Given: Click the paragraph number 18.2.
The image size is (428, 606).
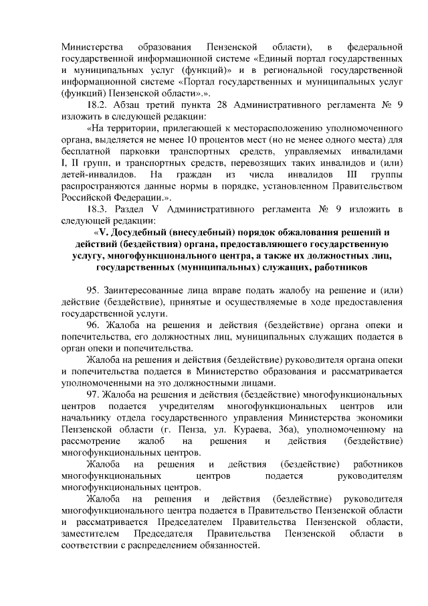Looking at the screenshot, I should tap(98, 106).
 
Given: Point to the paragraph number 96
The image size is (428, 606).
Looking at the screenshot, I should tap(93, 325).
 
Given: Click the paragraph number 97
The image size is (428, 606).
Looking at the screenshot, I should tap(93, 395).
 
